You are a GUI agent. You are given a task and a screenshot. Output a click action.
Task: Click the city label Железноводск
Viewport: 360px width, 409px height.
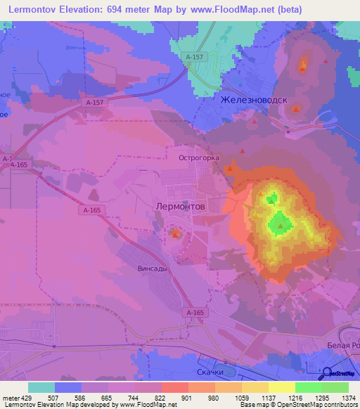(254, 100)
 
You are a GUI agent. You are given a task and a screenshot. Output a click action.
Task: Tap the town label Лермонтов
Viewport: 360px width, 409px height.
(179, 207)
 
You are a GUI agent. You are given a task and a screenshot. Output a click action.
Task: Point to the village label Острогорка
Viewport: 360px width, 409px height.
(199, 158)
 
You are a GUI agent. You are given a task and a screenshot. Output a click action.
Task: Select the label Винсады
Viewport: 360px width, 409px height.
(152, 268)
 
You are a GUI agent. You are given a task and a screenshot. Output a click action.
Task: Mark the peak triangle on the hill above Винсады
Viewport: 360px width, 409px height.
(174, 233)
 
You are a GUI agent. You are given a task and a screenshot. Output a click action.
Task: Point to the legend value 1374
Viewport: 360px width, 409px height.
(348, 398)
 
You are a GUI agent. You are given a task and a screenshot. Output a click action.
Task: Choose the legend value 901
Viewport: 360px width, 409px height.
(188, 398)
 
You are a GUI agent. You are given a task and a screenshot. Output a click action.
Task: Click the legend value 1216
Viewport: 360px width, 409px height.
(295, 398)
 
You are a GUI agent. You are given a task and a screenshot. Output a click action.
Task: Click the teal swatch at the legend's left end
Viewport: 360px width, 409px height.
(41, 387)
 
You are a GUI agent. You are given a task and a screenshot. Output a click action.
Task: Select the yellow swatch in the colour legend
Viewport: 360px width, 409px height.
(281, 387)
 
